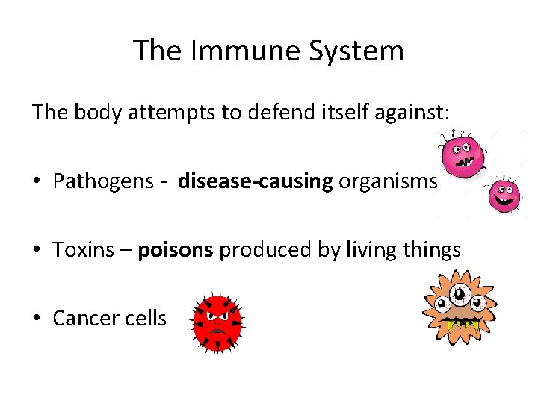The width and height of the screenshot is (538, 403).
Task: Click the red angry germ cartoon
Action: (x=217, y=321)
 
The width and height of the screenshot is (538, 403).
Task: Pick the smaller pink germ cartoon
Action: (x=504, y=196)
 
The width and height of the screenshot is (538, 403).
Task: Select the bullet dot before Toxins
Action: (x=37, y=250)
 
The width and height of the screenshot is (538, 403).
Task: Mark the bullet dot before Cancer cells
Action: (x=37, y=319)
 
